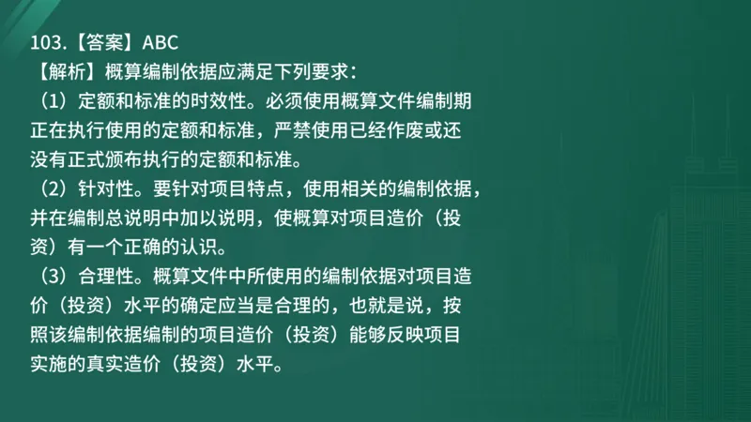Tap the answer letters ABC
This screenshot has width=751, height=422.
(145, 43)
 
